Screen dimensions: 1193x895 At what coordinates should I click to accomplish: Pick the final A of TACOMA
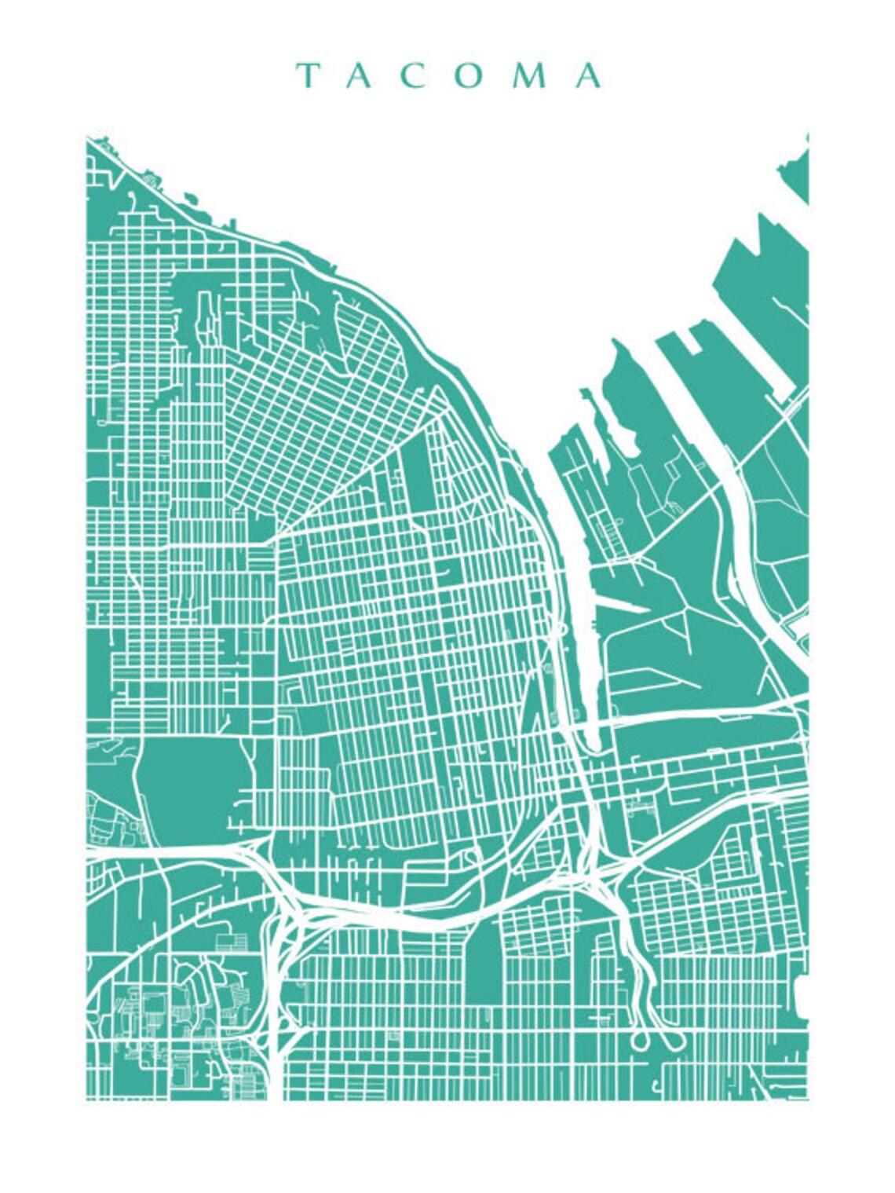click(x=589, y=75)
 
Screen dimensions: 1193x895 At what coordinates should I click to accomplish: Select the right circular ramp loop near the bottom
click(x=674, y=1041)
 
